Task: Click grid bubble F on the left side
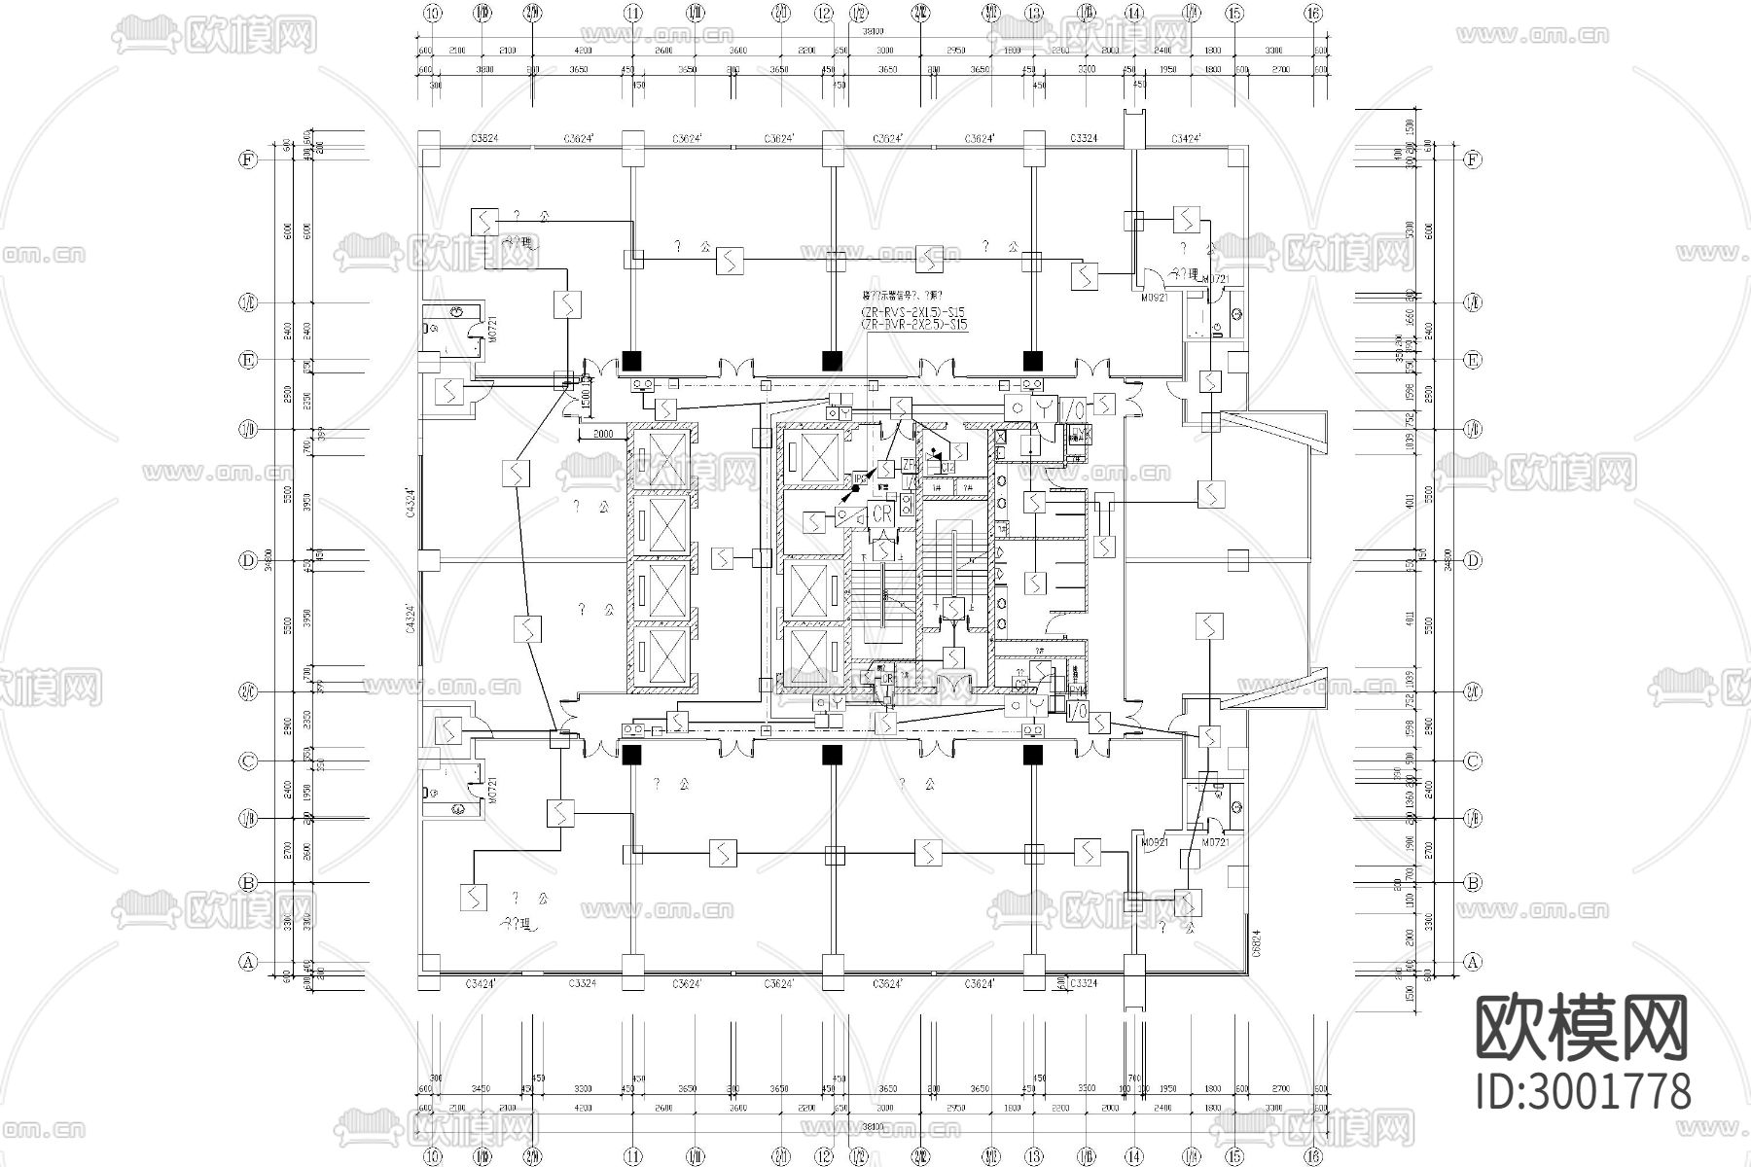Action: coord(248,159)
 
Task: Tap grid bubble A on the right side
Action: coord(1473,962)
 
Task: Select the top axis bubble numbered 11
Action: coord(633,13)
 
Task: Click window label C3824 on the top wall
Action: coord(483,139)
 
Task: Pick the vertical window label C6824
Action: coord(1256,941)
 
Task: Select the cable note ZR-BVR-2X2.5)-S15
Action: coord(912,325)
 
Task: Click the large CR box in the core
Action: coord(882,513)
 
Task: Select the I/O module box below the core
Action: coord(1076,712)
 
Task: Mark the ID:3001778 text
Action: coord(1582,1092)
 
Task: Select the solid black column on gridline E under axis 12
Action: coord(832,360)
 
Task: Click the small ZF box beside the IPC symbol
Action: coord(909,464)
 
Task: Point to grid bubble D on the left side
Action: coord(248,560)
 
